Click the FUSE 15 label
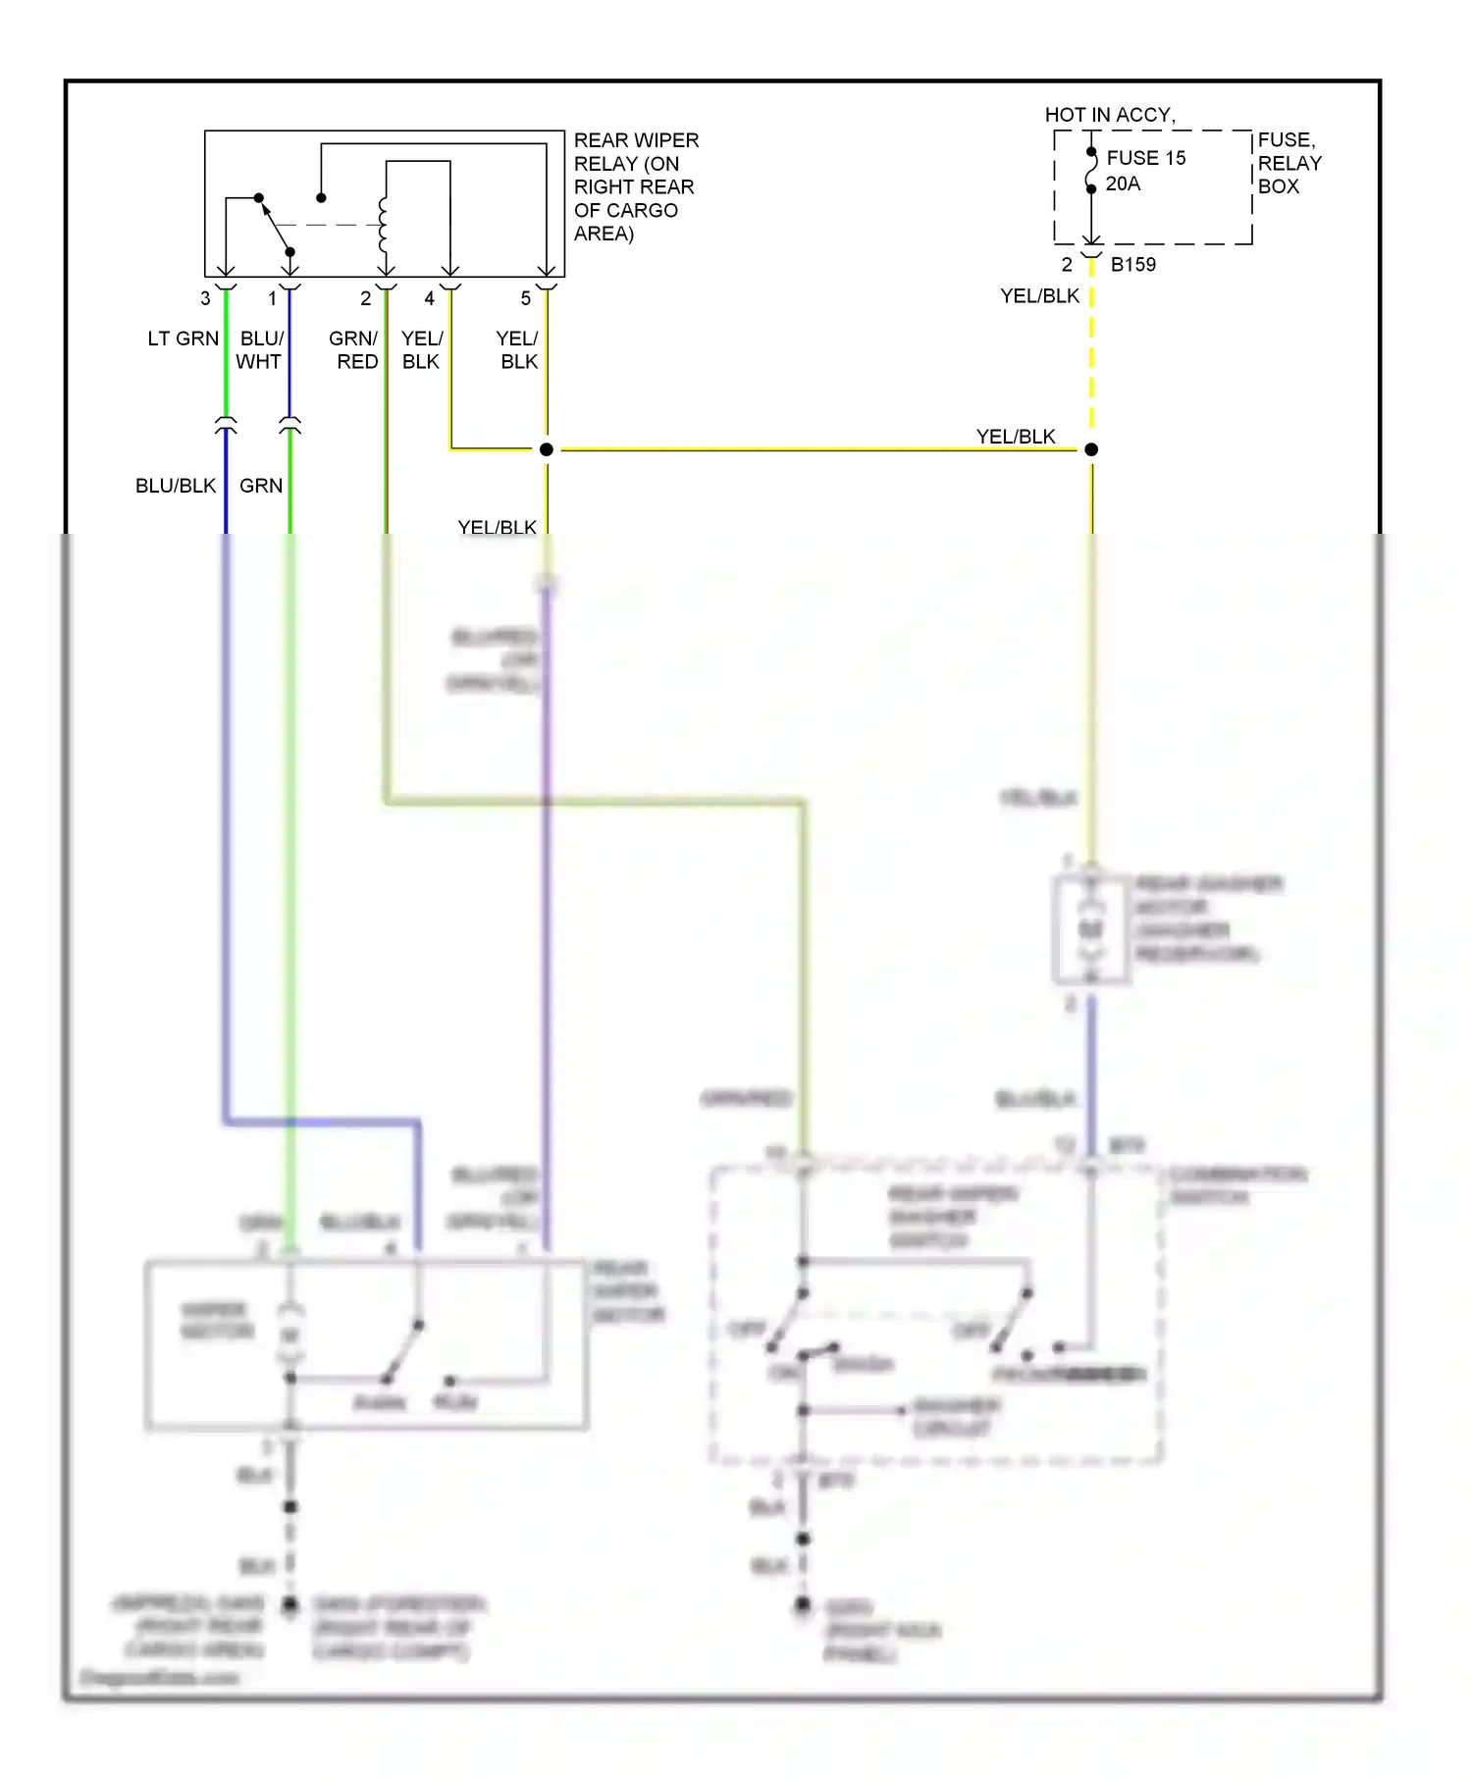tap(1145, 158)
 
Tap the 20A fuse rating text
tap(1123, 183)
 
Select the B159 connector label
tap(1132, 264)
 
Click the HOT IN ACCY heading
tap(1109, 115)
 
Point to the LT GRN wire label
tap(183, 339)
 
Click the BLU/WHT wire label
tap(260, 350)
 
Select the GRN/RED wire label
tap(354, 350)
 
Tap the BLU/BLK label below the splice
tap(175, 486)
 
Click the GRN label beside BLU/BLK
tap(261, 486)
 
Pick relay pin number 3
tap(205, 298)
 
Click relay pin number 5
tap(526, 298)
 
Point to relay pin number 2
tap(365, 298)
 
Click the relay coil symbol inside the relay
tap(384, 225)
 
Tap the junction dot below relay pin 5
tap(547, 449)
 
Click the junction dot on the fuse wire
tap(1091, 449)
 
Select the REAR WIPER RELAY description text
tap(635, 186)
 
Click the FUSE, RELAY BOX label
tap(1288, 163)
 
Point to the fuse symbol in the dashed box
tap(1091, 171)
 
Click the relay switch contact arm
tap(275, 225)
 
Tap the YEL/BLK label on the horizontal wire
tap(1015, 437)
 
